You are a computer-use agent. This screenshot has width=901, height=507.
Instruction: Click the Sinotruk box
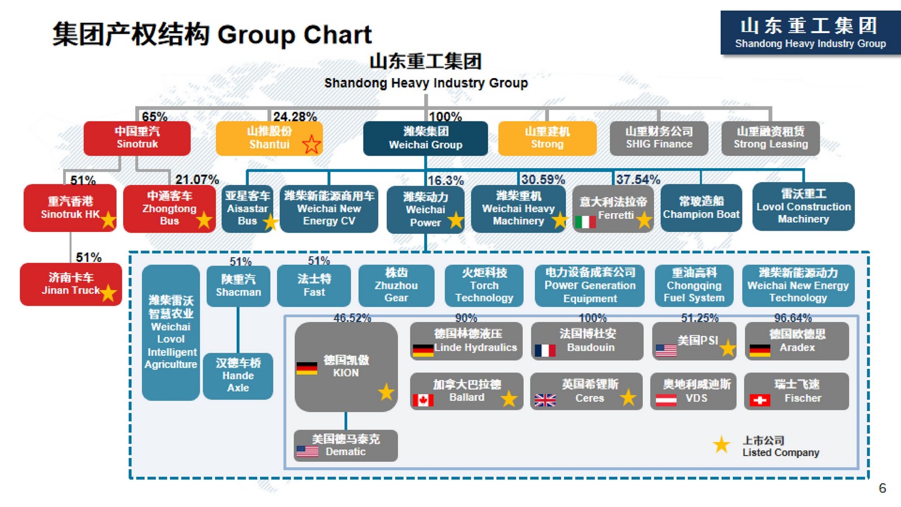pos(137,138)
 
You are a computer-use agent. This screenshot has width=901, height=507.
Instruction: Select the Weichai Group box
pos(425,138)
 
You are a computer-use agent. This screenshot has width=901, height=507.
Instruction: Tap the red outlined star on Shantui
pos(311,144)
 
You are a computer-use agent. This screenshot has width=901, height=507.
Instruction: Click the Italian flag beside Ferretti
pos(585,222)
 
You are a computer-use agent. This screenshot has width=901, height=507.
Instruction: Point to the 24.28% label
pos(295,117)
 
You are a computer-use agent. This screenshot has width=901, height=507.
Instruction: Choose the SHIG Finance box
pos(659,138)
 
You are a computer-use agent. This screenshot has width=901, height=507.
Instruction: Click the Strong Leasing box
pos(771,138)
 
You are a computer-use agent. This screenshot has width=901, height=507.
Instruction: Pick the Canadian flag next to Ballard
pos(423,400)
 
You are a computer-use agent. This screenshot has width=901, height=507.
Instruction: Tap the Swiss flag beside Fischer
pos(760,400)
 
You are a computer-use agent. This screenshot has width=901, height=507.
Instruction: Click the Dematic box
pos(346,446)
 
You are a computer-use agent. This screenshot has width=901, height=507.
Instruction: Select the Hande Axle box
pos(238,376)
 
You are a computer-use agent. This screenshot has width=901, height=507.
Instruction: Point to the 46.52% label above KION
pos(352,318)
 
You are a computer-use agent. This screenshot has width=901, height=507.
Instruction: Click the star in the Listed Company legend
pos(721,445)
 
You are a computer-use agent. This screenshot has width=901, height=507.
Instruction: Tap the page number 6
pos(882,488)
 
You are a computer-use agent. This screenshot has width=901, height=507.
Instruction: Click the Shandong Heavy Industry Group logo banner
pos(810,32)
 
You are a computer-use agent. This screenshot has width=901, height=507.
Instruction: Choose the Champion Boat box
pos(701,208)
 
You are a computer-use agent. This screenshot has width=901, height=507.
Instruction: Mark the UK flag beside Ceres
pos(545,400)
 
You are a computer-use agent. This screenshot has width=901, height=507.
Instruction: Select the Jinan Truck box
pos(71,284)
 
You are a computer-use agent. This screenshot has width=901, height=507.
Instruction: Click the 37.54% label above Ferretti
pos(638,180)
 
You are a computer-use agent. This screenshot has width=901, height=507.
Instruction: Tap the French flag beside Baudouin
pos(545,350)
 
